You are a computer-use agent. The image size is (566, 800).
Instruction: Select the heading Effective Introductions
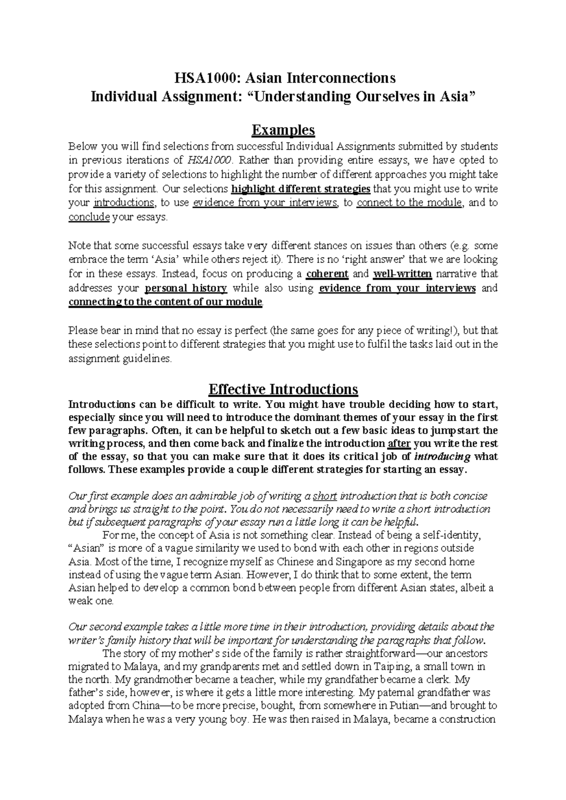click(283, 389)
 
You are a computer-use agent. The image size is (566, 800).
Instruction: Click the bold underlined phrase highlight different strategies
click(301, 189)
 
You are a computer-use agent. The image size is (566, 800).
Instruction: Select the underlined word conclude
click(89, 217)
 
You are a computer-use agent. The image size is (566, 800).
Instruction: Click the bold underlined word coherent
click(327, 274)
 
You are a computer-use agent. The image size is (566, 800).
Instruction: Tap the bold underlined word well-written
click(402, 274)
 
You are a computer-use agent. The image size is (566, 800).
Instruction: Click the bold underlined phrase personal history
click(186, 288)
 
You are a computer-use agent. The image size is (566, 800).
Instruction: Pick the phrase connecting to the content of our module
click(165, 302)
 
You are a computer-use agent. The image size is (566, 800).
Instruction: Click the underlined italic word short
click(325, 496)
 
